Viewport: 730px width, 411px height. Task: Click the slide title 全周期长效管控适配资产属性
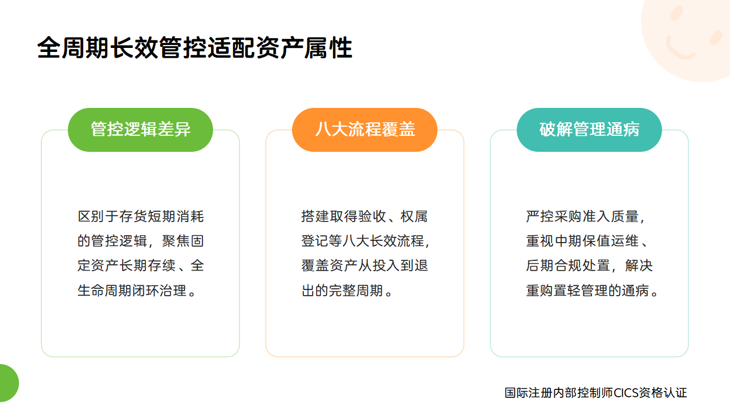[x=194, y=48]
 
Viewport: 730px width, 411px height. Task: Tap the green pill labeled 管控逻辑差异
[x=140, y=130]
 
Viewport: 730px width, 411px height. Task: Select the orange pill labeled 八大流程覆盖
[x=364, y=130]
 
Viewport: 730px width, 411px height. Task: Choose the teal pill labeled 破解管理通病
[x=589, y=130]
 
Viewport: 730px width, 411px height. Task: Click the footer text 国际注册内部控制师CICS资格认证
[x=596, y=393]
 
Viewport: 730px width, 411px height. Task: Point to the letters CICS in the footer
[x=626, y=393]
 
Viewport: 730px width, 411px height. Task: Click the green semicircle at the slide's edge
[x=9, y=383]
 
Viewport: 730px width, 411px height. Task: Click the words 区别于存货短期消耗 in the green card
[x=140, y=216]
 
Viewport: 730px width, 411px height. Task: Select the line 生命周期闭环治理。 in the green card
[x=137, y=291]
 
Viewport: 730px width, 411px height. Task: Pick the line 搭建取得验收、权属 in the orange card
[x=364, y=216]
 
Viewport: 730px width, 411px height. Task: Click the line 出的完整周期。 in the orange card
[x=347, y=291]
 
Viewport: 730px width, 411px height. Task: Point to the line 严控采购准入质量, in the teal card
[x=585, y=216]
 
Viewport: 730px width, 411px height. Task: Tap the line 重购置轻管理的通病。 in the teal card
[x=593, y=291]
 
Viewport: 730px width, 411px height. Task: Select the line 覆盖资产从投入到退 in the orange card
[x=364, y=265]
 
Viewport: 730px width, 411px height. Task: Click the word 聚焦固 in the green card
[x=183, y=241]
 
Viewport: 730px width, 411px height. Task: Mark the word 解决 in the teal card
[x=639, y=265]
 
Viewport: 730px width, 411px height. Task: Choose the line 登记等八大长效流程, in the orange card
[x=366, y=241]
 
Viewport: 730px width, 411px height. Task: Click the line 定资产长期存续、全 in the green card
[x=140, y=265]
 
